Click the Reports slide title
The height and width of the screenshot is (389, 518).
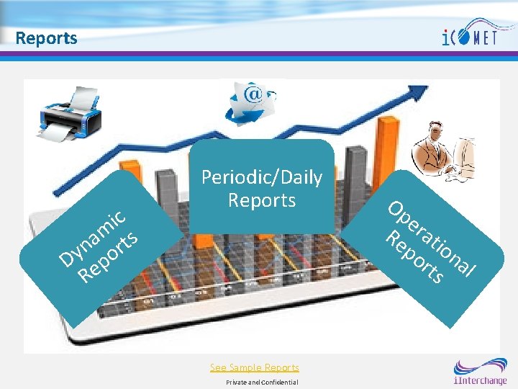pyautogui.click(x=46, y=37)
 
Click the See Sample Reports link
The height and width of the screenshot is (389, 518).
pyautogui.click(x=254, y=367)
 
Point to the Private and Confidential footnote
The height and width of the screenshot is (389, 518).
pyautogui.click(x=262, y=382)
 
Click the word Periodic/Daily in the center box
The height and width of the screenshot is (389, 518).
pyautogui.click(x=261, y=177)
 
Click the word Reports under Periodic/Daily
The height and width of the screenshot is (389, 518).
pyautogui.click(x=261, y=200)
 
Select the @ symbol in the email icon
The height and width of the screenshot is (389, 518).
pyautogui.click(x=253, y=94)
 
